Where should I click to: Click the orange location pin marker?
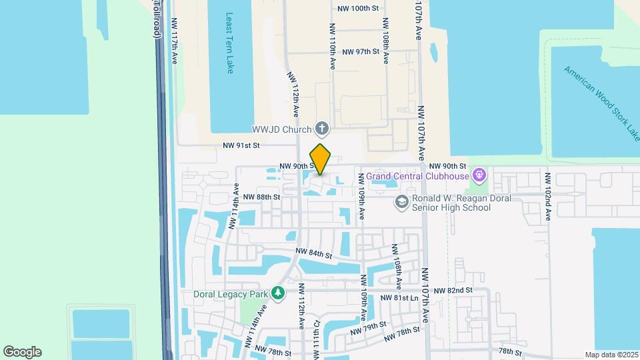[321, 159]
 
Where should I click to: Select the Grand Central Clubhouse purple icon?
[478, 176]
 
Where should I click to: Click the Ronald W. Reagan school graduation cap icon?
[401, 202]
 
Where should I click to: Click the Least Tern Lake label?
[230, 43]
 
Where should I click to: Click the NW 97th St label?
[361, 51]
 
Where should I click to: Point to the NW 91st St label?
[240, 145]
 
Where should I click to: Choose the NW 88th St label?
[261, 197]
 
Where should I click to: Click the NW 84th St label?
[314, 253]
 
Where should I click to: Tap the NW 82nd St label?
[453, 291]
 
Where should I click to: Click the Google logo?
[22, 351]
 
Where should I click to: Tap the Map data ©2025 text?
[611, 355]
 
